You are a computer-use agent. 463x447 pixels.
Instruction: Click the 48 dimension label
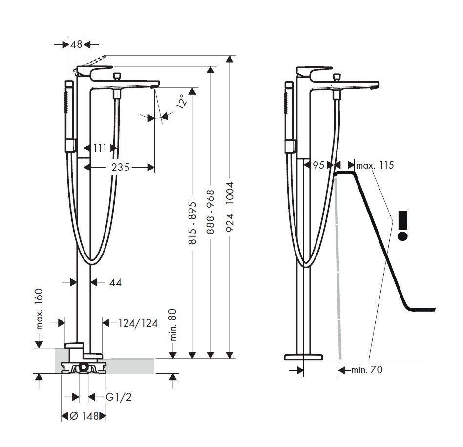pos(76,44)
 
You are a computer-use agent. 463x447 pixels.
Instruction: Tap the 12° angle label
pos(182,102)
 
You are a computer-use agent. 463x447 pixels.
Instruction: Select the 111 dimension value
pos(100,148)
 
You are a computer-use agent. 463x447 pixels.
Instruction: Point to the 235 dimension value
pos(120,167)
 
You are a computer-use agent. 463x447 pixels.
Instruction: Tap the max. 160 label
pos(39,308)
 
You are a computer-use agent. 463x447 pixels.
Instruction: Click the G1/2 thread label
pos(119,397)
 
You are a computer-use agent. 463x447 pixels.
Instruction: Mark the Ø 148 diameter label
pos(84,416)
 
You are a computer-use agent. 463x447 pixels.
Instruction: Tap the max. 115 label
pos(375,165)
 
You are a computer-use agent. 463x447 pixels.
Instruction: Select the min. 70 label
pos(367,370)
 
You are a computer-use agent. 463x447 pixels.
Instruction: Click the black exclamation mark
pos(402,225)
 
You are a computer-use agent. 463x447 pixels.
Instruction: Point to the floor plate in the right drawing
pos(303,356)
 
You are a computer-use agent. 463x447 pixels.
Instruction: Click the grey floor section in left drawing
pos(132,364)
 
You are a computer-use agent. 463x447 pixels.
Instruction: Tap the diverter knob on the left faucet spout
pos(116,77)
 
